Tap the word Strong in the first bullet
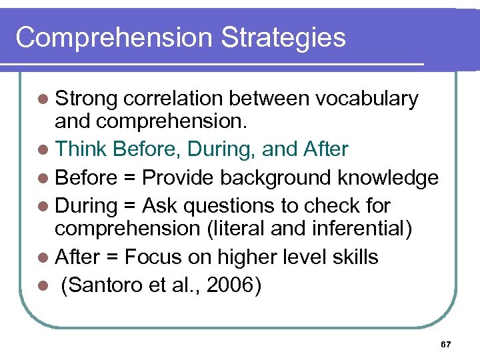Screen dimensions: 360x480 point(86,99)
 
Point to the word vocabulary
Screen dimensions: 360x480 point(367,99)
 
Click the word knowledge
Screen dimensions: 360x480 point(389,178)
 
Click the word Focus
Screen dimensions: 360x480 point(150,257)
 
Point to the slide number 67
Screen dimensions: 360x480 point(446,344)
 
